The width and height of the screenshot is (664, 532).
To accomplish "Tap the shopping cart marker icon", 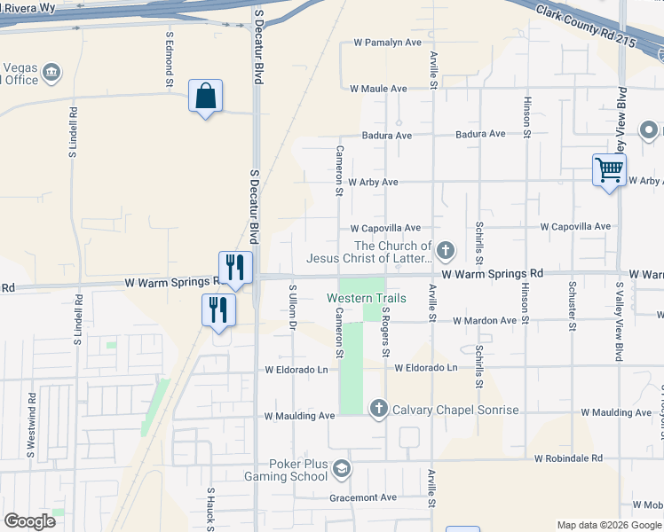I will point(609,168).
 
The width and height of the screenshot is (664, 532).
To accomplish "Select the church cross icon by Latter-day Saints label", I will point(445,252).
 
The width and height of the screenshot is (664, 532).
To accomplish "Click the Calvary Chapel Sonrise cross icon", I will point(378,409).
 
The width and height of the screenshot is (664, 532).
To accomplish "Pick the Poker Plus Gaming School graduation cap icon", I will point(340,468).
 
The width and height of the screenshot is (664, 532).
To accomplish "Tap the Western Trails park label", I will point(367,298).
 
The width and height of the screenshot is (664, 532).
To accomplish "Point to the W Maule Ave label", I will point(378,89).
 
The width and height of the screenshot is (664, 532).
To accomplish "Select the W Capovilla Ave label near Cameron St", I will point(385,228).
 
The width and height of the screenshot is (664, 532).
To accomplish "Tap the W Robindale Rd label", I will point(568,458).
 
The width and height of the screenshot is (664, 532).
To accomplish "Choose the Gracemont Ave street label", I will point(363,497).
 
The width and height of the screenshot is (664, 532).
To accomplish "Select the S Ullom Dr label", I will point(292,306).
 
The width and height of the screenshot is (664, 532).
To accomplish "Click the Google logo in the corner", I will point(29,521).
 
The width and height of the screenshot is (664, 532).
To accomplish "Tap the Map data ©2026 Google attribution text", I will point(609,525).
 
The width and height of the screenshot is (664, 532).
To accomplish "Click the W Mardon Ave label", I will point(484,320).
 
